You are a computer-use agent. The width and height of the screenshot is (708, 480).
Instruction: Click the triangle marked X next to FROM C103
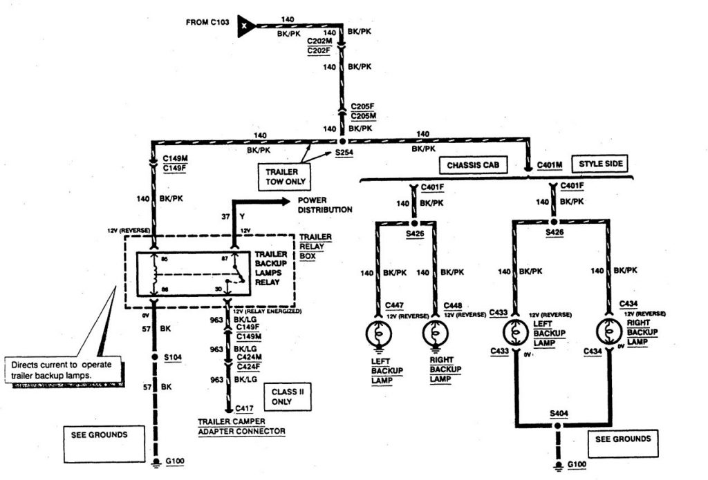(x=245, y=25)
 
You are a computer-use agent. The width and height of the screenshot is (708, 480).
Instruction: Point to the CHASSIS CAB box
(x=473, y=165)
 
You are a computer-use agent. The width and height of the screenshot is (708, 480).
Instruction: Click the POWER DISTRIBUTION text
(x=325, y=205)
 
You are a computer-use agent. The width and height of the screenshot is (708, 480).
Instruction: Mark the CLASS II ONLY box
(x=287, y=396)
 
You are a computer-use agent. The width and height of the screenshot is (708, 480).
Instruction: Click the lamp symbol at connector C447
(x=378, y=334)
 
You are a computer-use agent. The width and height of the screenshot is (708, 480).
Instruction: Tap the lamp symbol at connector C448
(x=435, y=334)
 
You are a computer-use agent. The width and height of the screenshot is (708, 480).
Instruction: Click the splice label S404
(x=559, y=413)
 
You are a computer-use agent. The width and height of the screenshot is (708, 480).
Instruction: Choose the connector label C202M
(x=319, y=41)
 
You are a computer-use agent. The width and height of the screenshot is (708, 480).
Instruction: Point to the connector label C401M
(x=550, y=165)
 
